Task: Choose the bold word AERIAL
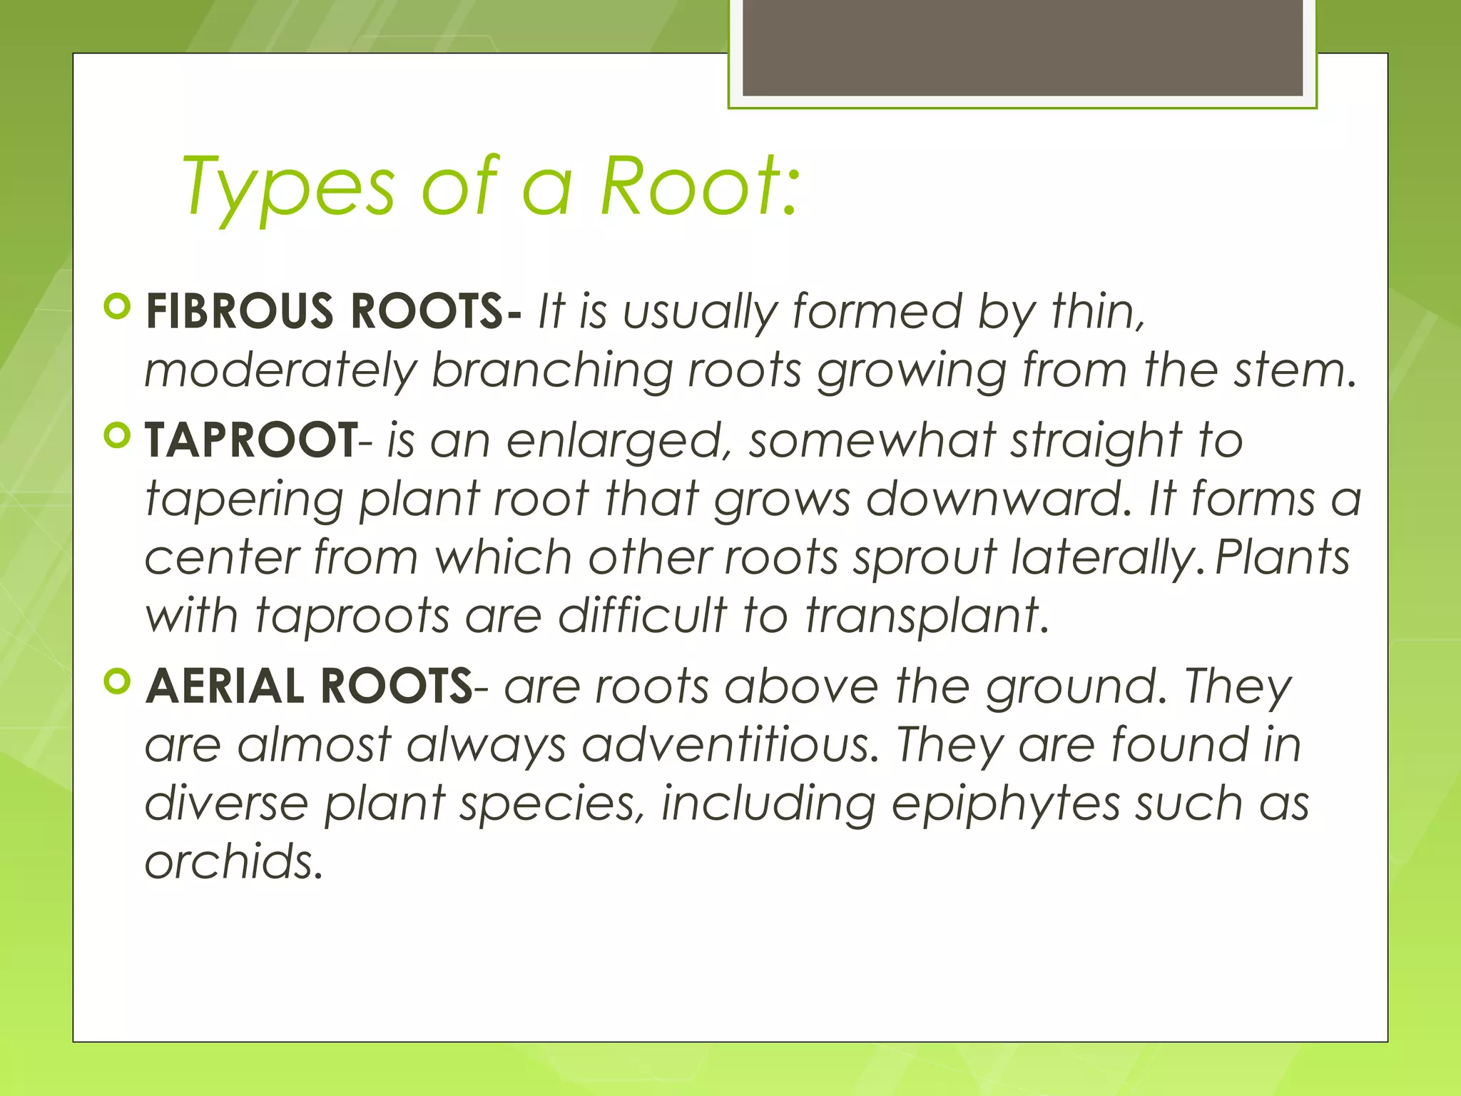click(225, 686)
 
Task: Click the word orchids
click(234, 861)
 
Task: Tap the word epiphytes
click(1005, 803)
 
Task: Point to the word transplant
click(927, 615)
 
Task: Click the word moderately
click(280, 371)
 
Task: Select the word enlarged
click(619, 441)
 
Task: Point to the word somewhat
click(871, 440)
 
